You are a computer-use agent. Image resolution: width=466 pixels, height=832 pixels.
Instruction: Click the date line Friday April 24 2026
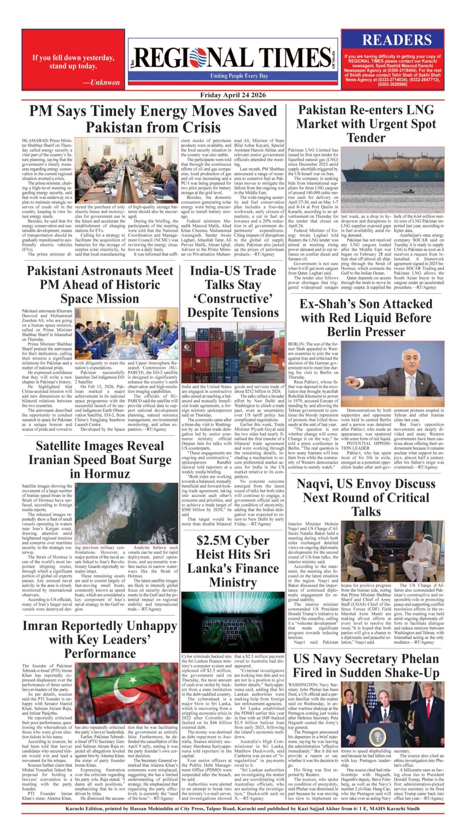click(x=233, y=95)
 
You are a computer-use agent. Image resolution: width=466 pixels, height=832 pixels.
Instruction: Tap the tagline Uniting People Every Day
click(x=239, y=76)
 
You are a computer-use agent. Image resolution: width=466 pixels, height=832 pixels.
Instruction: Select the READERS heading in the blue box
click(x=396, y=40)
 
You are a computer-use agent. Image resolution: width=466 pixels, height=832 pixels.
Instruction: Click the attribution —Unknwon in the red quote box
click(x=101, y=82)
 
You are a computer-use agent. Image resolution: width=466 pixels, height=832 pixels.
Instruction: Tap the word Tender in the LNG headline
click(x=366, y=138)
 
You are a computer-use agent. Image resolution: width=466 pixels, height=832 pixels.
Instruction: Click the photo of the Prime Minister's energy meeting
click(x=127, y=170)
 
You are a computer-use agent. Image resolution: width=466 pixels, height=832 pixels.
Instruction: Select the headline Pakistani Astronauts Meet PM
click(x=100, y=285)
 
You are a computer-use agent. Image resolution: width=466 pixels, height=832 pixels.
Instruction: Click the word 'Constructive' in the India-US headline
click(x=233, y=299)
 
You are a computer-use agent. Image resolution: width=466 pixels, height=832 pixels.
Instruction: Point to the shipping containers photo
click(x=233, y=352)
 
